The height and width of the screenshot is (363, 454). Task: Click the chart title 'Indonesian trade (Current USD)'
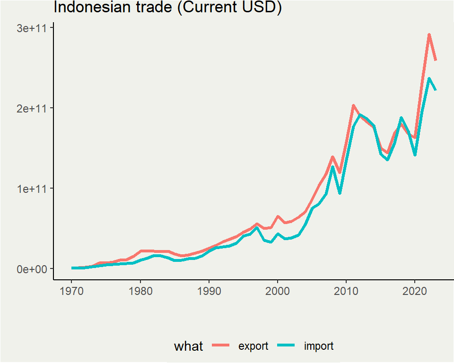click(167, 8)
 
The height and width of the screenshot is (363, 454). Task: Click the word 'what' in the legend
click(188, 346)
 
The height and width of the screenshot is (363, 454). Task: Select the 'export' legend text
click(253, 346)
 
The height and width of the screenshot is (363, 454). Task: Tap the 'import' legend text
click(319, 346)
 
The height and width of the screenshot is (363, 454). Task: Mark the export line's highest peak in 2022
click(429, 35)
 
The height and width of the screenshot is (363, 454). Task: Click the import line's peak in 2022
click(429, 78)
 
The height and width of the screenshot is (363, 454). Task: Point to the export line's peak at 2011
click(353, 105)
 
